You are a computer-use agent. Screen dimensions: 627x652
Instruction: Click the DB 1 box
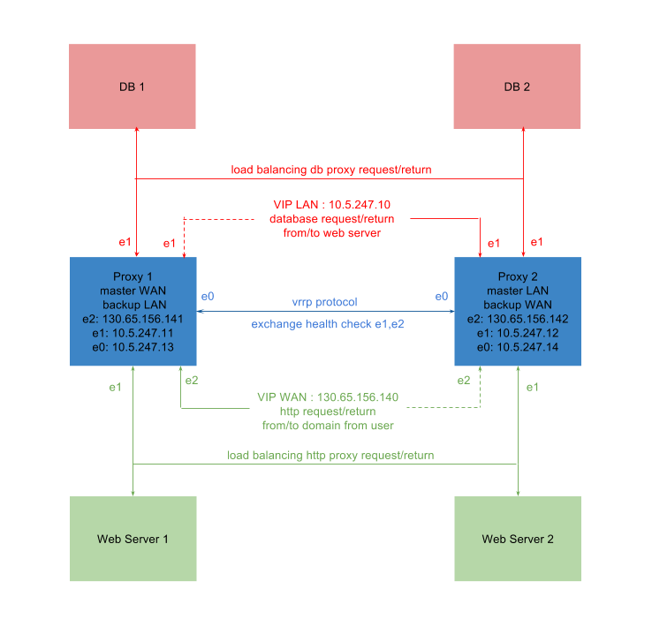pos(133,87)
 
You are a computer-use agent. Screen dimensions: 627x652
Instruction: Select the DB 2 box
pos(517,87)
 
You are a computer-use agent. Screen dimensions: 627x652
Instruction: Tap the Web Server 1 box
pos(133,539)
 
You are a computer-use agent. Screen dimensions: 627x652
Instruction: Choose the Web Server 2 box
pos(517,539)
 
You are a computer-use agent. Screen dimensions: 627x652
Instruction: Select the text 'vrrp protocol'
pos(324,302)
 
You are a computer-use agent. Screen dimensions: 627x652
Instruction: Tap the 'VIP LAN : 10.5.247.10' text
pos(331,204)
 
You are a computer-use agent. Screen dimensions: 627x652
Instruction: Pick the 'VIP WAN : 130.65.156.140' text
pos(328,397)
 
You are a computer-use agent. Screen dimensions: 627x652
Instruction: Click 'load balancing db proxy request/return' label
pos(331,170)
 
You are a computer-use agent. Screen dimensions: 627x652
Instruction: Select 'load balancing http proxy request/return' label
pos(330,456)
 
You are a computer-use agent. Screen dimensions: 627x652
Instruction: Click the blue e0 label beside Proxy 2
pos(441,296)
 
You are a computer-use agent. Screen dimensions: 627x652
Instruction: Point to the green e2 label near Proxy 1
pos(191,380)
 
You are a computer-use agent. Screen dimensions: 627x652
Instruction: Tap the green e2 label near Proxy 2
pos(464,380)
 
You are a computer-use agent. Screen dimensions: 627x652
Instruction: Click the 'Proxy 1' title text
pos(133,276)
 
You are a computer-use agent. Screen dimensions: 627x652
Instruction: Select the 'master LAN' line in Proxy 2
pos(517,291)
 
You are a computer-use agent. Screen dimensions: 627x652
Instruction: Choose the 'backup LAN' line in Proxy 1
pos(133,305)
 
